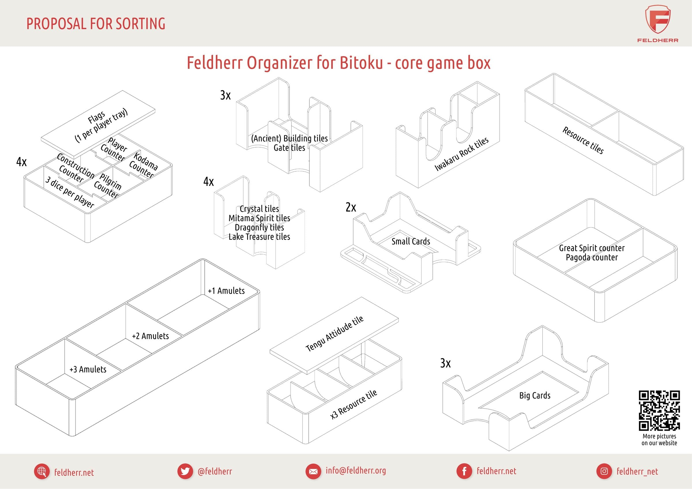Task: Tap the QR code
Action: coord(659,410)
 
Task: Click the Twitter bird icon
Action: coord(185,471)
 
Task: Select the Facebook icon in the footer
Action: coord(464,471)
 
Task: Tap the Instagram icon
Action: coord(604,471)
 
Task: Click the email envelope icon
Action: coord(313,471)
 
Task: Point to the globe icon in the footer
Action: coord(42,471)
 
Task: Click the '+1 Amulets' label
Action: coord(226,291)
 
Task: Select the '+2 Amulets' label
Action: coord(151,336)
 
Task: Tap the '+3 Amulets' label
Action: coord(88,369)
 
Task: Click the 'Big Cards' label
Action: coord(535,396)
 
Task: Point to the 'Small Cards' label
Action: coord(411,241)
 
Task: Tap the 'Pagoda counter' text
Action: coord(592,258)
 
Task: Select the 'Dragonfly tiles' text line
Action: coord(259,227)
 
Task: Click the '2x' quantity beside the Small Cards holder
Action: coord(351,207)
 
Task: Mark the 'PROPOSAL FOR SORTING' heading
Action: coord(96,24)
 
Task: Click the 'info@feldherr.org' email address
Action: coord(356,471)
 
